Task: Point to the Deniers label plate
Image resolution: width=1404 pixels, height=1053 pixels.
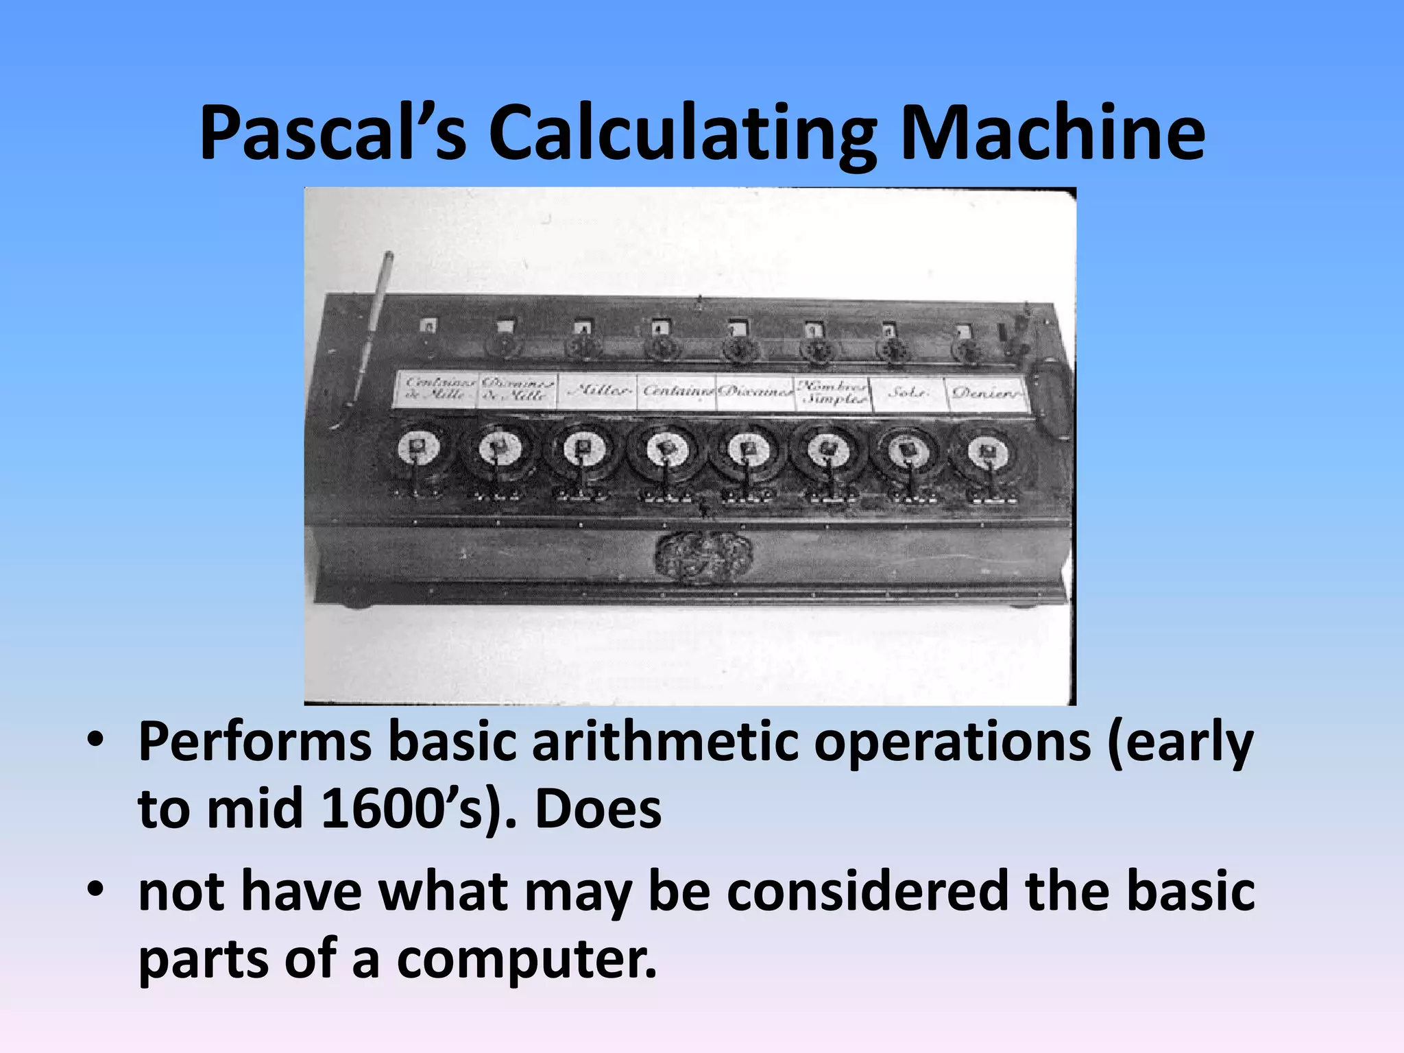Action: click(x=986, y=394)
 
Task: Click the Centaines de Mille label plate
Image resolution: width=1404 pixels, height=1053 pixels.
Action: click(x=435, y=390)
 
